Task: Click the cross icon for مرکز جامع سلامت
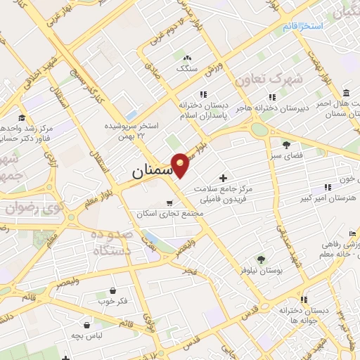(x=224, y=179)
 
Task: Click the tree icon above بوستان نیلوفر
(x=262, y=259)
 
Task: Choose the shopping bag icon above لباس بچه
(x=86, y=325)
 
